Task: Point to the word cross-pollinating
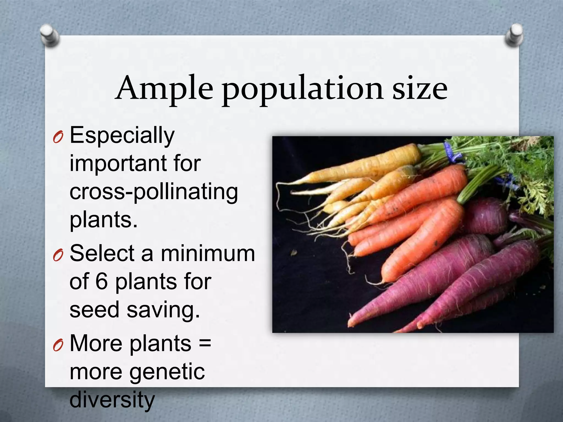pos(153,192)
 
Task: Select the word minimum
pos(208,253)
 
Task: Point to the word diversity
pos(112,400)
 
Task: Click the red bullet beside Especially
pos(58,137)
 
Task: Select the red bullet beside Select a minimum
pos(58,255)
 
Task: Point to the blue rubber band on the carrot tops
pos(451,153)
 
